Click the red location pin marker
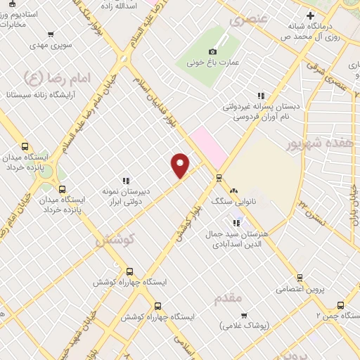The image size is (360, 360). coord(181,165)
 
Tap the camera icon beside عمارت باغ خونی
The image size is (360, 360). coord(213,51)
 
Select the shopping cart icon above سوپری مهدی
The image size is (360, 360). coord(50,34)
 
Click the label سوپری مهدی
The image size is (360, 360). coord(50,45)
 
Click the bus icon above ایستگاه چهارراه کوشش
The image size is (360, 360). coord(129,271)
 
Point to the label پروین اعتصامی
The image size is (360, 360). coord(298,288)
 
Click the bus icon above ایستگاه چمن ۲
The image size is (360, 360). coord(340,305)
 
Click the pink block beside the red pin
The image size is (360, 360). coord(207,145)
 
